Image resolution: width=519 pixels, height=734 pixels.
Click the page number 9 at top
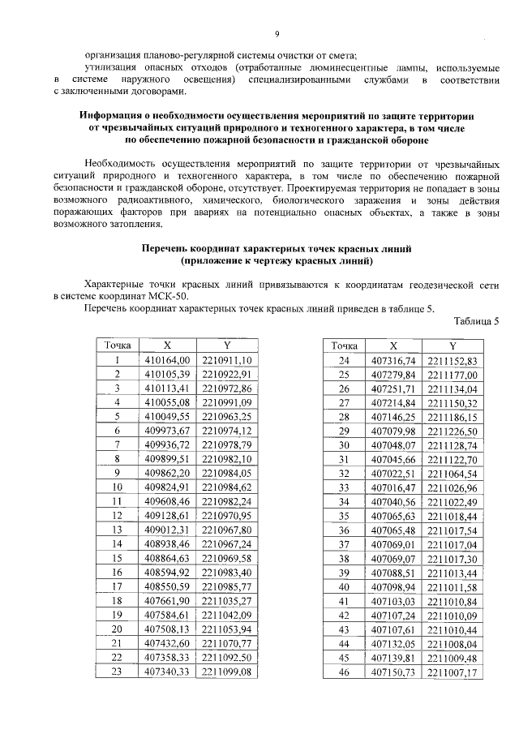pyautogui.click(x=277, y=33)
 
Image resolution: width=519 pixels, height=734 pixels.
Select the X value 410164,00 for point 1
pyautogui.click(x=166, y=359)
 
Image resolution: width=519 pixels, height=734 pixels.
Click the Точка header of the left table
pyautogui.click(x=118, y=345)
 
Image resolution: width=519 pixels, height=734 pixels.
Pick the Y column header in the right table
pyautogui.click(x=453, y=345)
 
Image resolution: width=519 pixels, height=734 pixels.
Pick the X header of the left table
pyautogui.click(x=166, y=345)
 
